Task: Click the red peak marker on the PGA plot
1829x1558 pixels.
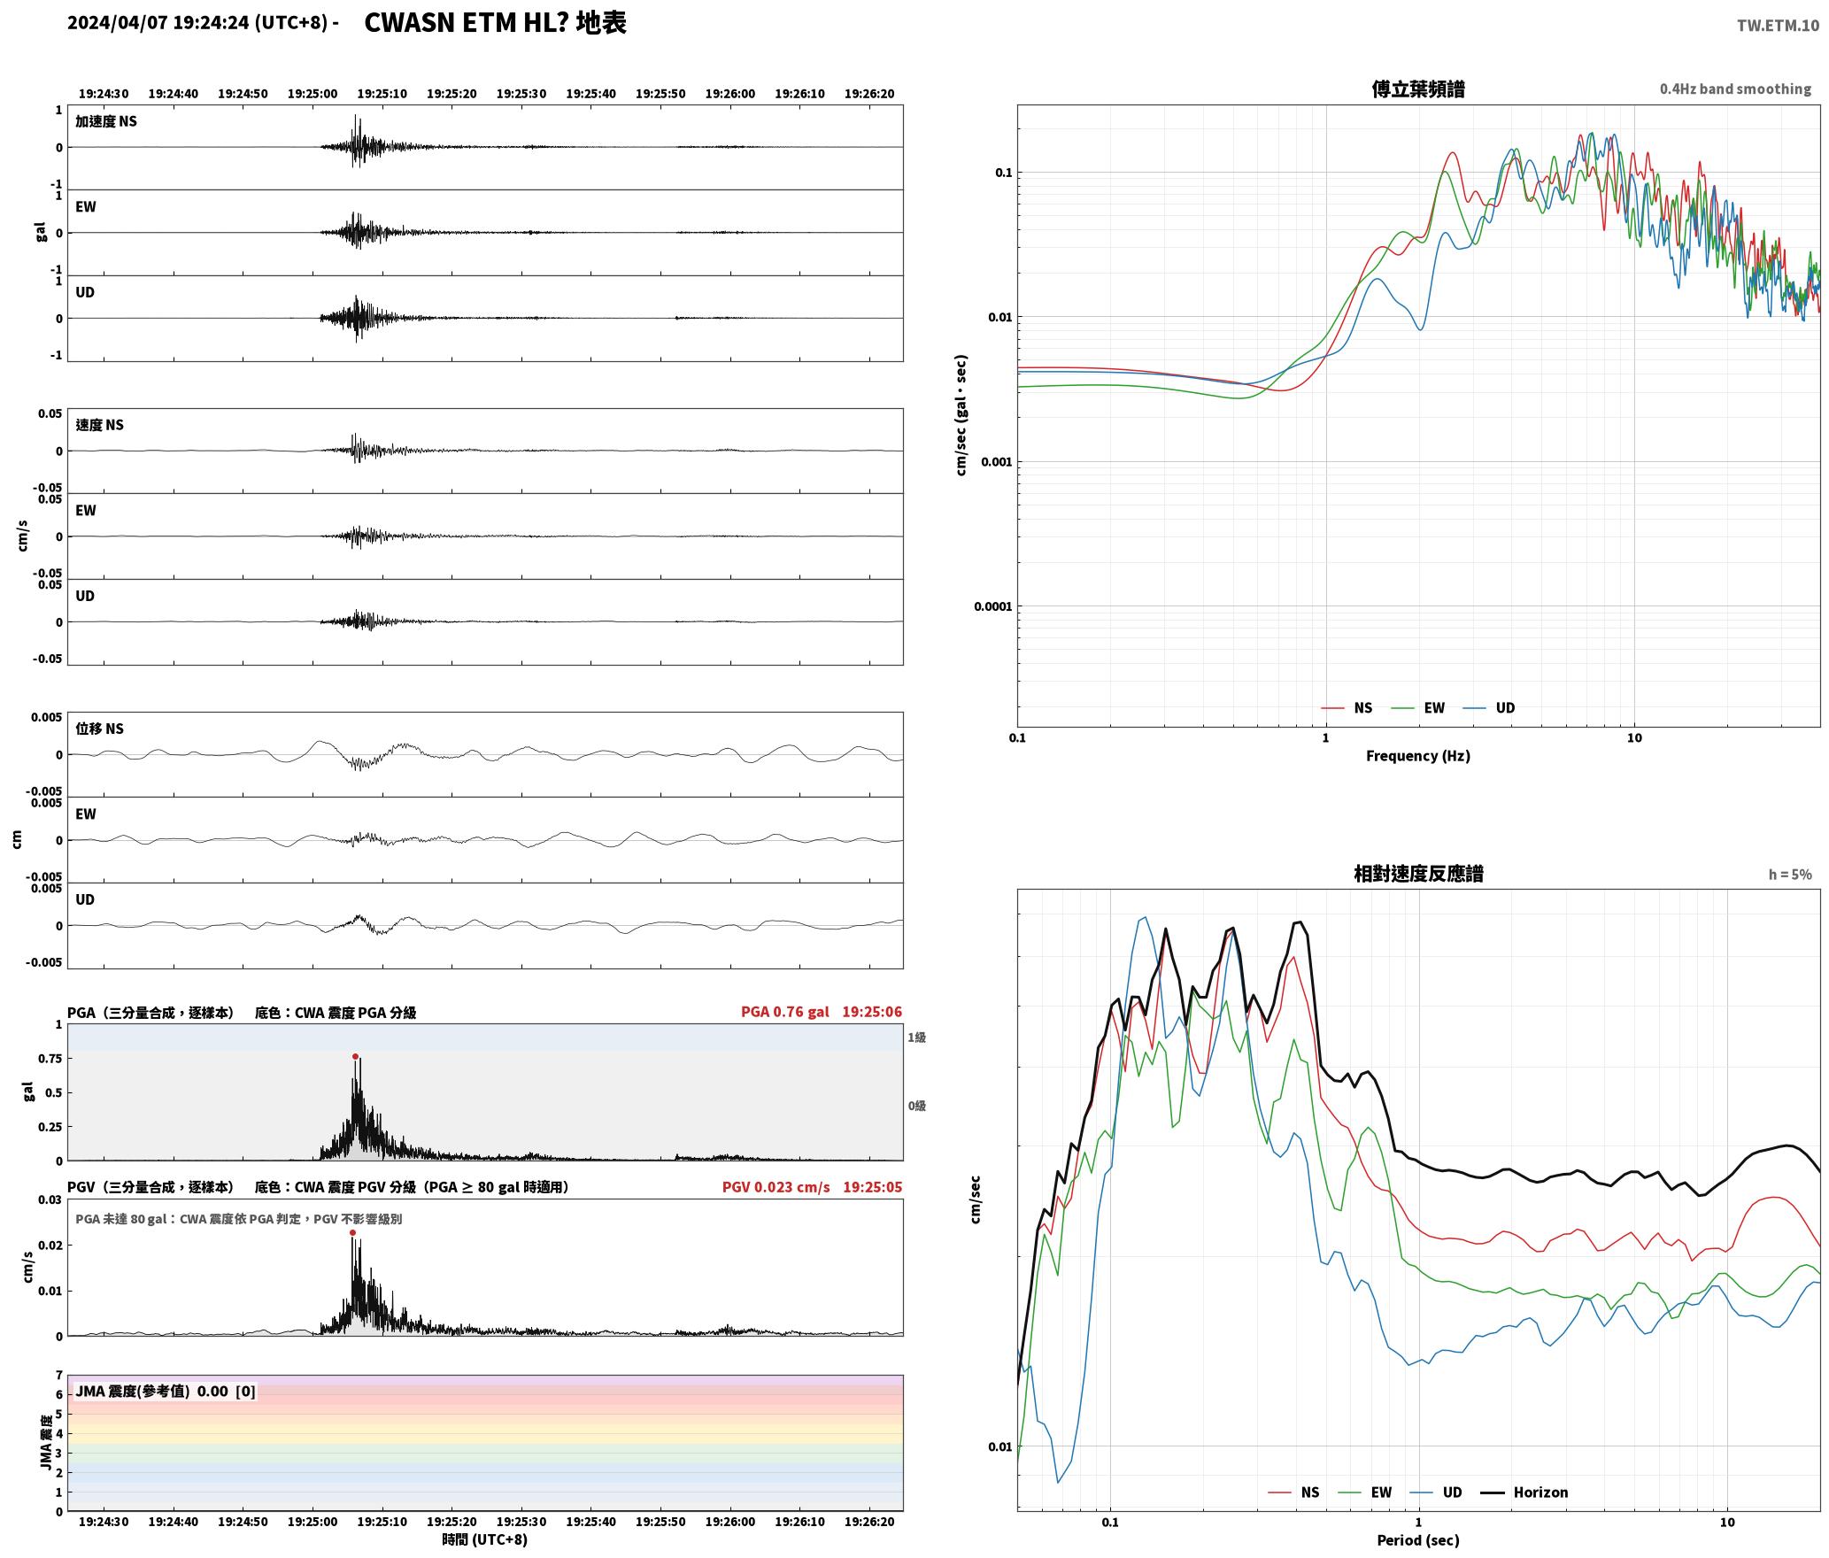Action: coord(355,1056)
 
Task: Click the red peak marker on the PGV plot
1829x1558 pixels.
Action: coord(352,1232)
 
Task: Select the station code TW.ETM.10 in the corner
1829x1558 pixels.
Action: coord(1778,26)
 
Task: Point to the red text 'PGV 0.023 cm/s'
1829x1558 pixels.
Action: coord(776,1187)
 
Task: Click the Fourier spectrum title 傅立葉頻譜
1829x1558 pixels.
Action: coord(1418,89)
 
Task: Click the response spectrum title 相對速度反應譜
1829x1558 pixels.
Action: coord(1418,874)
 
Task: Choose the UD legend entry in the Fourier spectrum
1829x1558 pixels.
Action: coord(1488,707)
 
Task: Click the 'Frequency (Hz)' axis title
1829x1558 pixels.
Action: coord(1417,755)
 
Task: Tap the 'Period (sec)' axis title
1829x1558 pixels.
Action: coord(1417,1539)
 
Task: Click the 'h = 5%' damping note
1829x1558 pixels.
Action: coord(1790,875)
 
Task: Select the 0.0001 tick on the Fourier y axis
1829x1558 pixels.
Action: coord(992,606)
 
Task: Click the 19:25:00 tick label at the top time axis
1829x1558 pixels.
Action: coord(313,94)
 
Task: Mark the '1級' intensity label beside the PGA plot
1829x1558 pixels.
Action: coord(916,1037)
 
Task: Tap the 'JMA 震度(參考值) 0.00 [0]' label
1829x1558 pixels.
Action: coord(166,1391)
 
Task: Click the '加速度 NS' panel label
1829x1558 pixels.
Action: coord(106,121)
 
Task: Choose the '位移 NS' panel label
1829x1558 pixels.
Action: coord(99,729)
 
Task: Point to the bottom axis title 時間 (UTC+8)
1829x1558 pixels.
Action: coord(484,1539)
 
